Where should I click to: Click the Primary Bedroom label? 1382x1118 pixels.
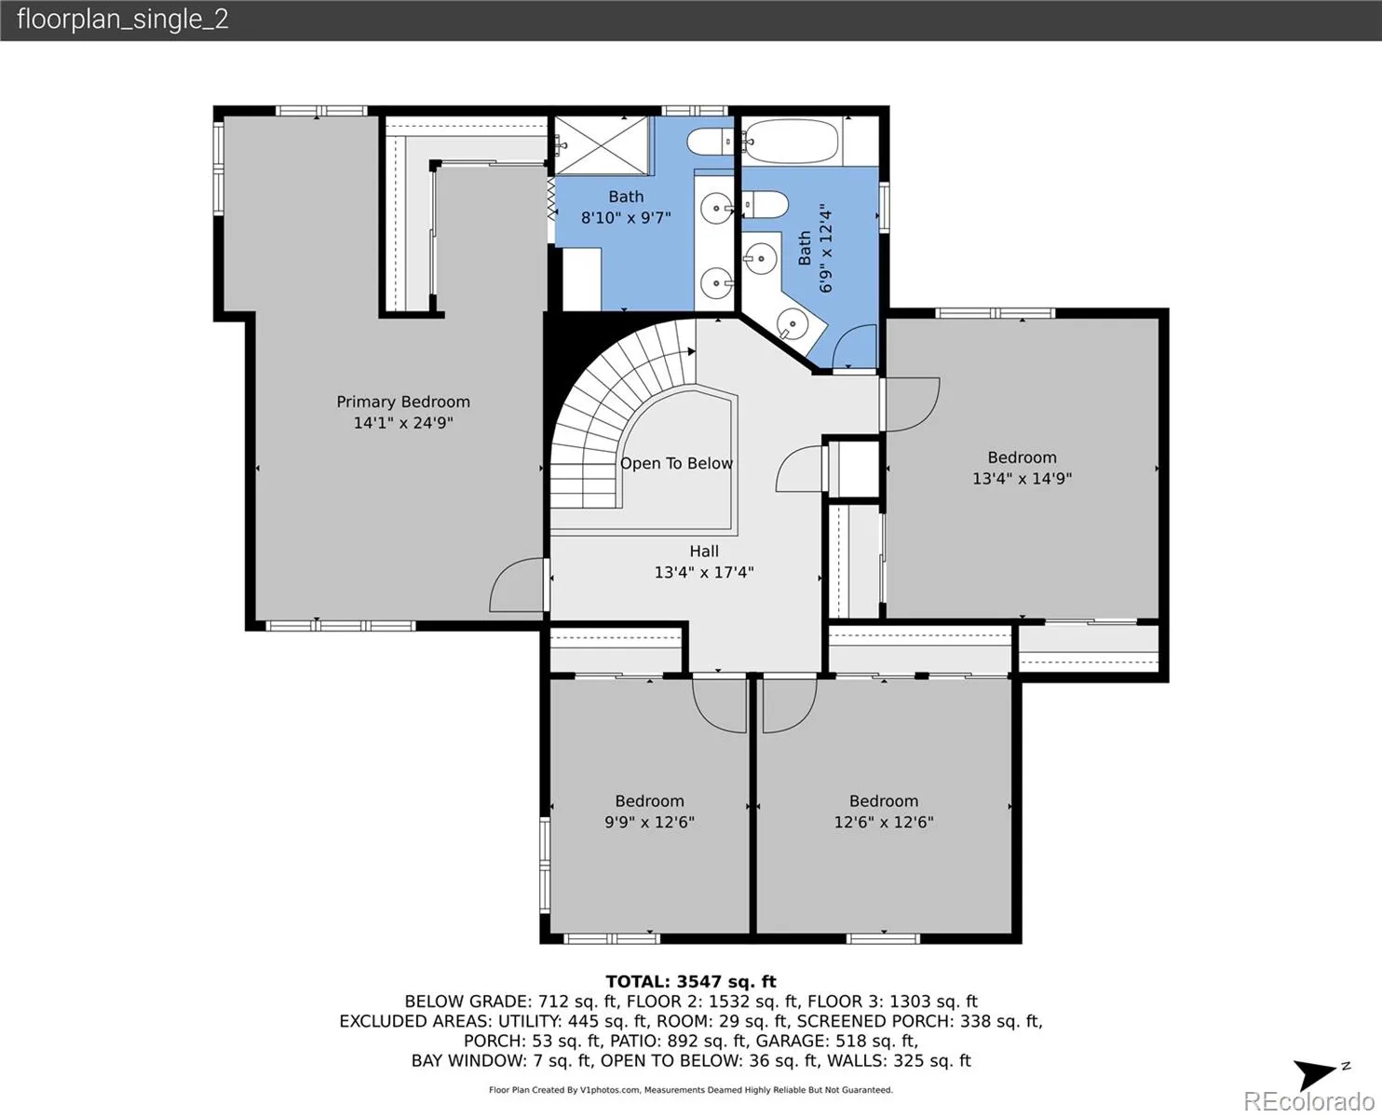(x=403, y=402)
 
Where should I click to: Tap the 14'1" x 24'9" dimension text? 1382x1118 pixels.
(x=403, y=423)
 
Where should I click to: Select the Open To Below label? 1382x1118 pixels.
(x=676, y=463)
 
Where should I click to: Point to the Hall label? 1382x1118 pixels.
(x=704, y=552)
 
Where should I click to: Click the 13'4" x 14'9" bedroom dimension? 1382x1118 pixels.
(x=1022, y=479)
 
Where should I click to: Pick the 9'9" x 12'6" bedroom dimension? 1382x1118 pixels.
(x=649, y=822)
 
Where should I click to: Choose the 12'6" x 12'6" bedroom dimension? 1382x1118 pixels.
(x=884, y=822)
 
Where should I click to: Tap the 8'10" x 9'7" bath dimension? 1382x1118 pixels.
(x=626, y=217)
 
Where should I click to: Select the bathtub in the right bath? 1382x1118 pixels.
(x=792, y=141)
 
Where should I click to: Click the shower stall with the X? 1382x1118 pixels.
(x=603, y=146)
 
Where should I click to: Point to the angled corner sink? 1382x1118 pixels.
(x=793, y=322)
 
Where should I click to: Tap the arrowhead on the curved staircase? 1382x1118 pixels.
(x=692, y=351)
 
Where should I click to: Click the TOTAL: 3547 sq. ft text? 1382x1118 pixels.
(x=691, y=982)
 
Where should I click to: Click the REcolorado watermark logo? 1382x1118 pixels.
(x=1308, y=1101)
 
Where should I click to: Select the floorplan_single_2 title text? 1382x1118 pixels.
(x=123, y=20)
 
